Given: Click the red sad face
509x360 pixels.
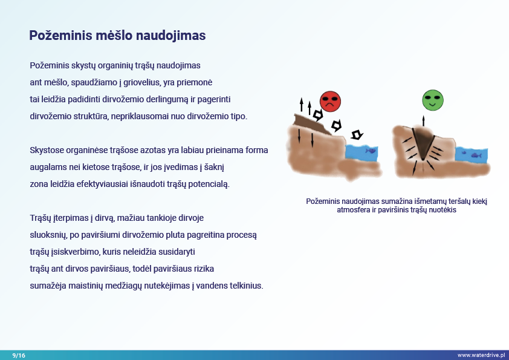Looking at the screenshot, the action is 330,102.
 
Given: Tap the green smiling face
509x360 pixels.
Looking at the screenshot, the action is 433,100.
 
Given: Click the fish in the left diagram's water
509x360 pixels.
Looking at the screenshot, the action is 371,151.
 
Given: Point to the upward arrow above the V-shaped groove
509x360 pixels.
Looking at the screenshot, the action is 423,121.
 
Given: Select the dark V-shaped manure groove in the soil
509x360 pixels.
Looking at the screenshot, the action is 423,142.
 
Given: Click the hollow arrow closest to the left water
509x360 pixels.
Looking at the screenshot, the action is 357,134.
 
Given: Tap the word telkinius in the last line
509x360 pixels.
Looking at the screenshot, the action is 247,286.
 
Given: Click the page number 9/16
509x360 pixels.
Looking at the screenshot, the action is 19,355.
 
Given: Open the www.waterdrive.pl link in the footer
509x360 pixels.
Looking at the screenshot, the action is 481,355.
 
